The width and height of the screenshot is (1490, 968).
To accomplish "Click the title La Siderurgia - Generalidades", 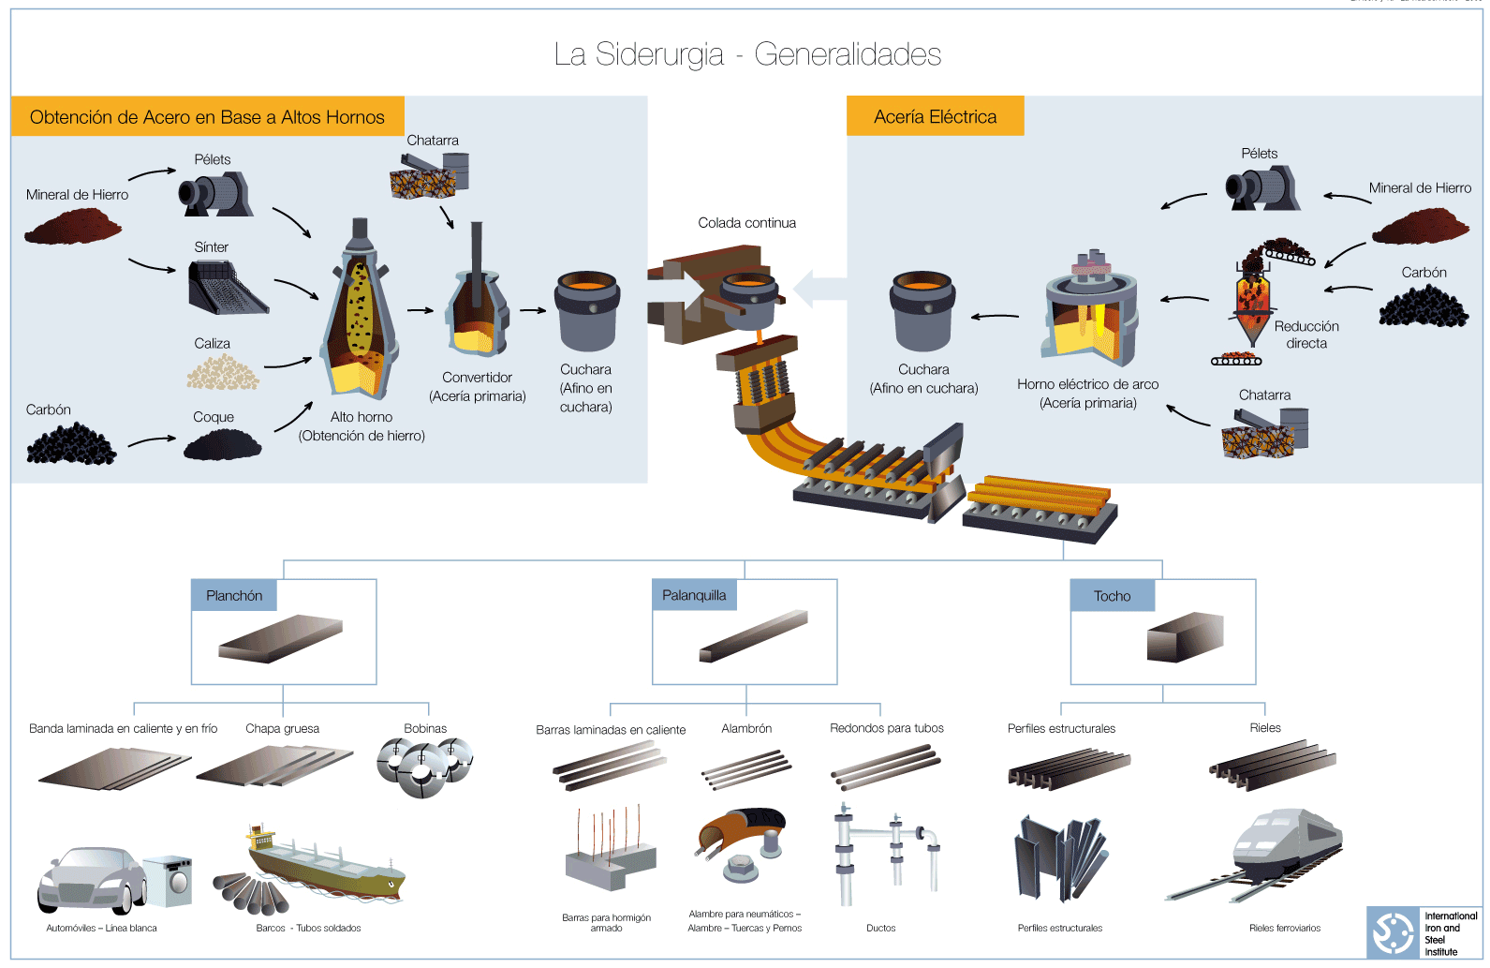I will (746, 54).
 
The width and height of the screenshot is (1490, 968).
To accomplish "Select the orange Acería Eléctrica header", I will (935, 117).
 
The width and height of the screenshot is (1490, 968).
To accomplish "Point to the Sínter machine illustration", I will (225, 287).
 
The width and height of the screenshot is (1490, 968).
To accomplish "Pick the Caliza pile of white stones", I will (223, 372).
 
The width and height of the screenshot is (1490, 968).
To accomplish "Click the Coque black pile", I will (222, 444).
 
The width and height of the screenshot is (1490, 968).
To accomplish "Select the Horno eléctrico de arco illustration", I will (1091, 310).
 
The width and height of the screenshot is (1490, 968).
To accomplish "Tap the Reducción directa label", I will (1306, 335).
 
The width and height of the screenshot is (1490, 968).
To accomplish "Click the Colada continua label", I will (746, 223).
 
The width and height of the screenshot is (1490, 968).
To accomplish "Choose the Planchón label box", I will (234, 596).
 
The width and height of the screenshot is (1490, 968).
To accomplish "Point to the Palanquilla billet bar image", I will (753, 636).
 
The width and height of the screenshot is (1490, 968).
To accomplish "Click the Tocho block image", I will (1185, 638).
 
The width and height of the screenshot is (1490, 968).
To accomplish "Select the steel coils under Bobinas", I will (424, 766).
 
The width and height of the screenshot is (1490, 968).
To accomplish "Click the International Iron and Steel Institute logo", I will (1393, 932).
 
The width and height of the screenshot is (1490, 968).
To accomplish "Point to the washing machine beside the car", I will (169, 880).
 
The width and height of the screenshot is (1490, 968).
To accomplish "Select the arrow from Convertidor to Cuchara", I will (533, 310).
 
